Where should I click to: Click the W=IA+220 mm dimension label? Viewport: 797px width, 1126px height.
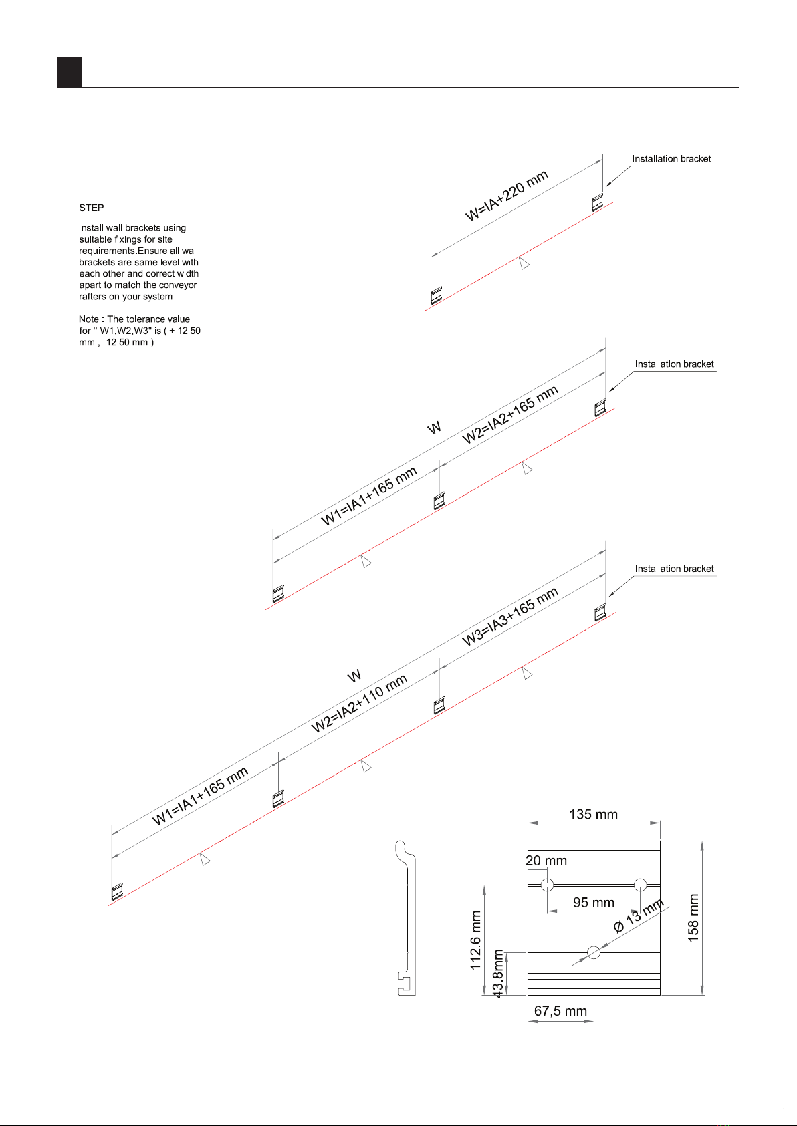507,196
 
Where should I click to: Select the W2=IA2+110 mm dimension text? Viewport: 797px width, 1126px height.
359,704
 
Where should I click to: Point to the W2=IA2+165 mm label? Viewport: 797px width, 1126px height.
510,415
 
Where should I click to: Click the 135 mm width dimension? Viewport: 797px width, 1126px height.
593,815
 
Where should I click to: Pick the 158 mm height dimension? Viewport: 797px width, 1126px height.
693,918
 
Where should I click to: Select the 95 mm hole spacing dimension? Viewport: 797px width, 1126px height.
593,903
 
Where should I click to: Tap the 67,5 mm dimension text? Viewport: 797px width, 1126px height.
560,1011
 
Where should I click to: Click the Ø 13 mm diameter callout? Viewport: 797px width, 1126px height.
639,916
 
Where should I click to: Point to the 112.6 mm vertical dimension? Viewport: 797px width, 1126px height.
476,940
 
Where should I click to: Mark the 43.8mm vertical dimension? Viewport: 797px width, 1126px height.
498,974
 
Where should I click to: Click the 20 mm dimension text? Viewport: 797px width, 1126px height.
546,861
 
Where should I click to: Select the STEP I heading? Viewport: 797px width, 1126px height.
94,208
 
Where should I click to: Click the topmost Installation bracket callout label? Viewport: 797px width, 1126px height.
671,159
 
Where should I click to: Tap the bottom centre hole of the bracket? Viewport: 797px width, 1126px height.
594,952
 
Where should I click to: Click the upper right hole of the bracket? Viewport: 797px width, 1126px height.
640,885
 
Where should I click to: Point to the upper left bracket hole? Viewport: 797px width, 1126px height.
548,885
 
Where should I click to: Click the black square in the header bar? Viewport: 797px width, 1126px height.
70,72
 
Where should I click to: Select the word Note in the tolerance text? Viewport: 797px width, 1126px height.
88,319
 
